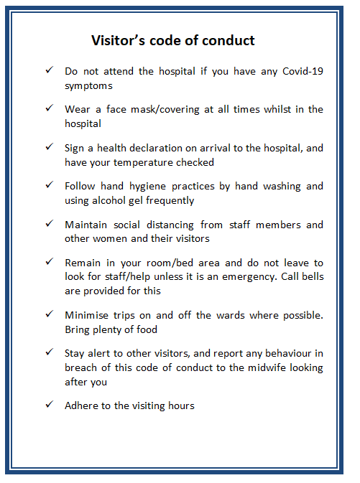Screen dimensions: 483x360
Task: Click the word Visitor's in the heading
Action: [120, 40]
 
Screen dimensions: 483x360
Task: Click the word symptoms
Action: [88, 85]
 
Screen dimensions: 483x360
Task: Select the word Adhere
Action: [81, 405]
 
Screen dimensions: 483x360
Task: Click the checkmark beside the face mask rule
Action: [49, 108]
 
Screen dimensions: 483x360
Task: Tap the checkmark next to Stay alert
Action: [49, 353]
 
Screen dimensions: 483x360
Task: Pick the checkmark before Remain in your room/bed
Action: [49, 263]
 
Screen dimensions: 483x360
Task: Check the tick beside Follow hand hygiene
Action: [49, 186]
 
